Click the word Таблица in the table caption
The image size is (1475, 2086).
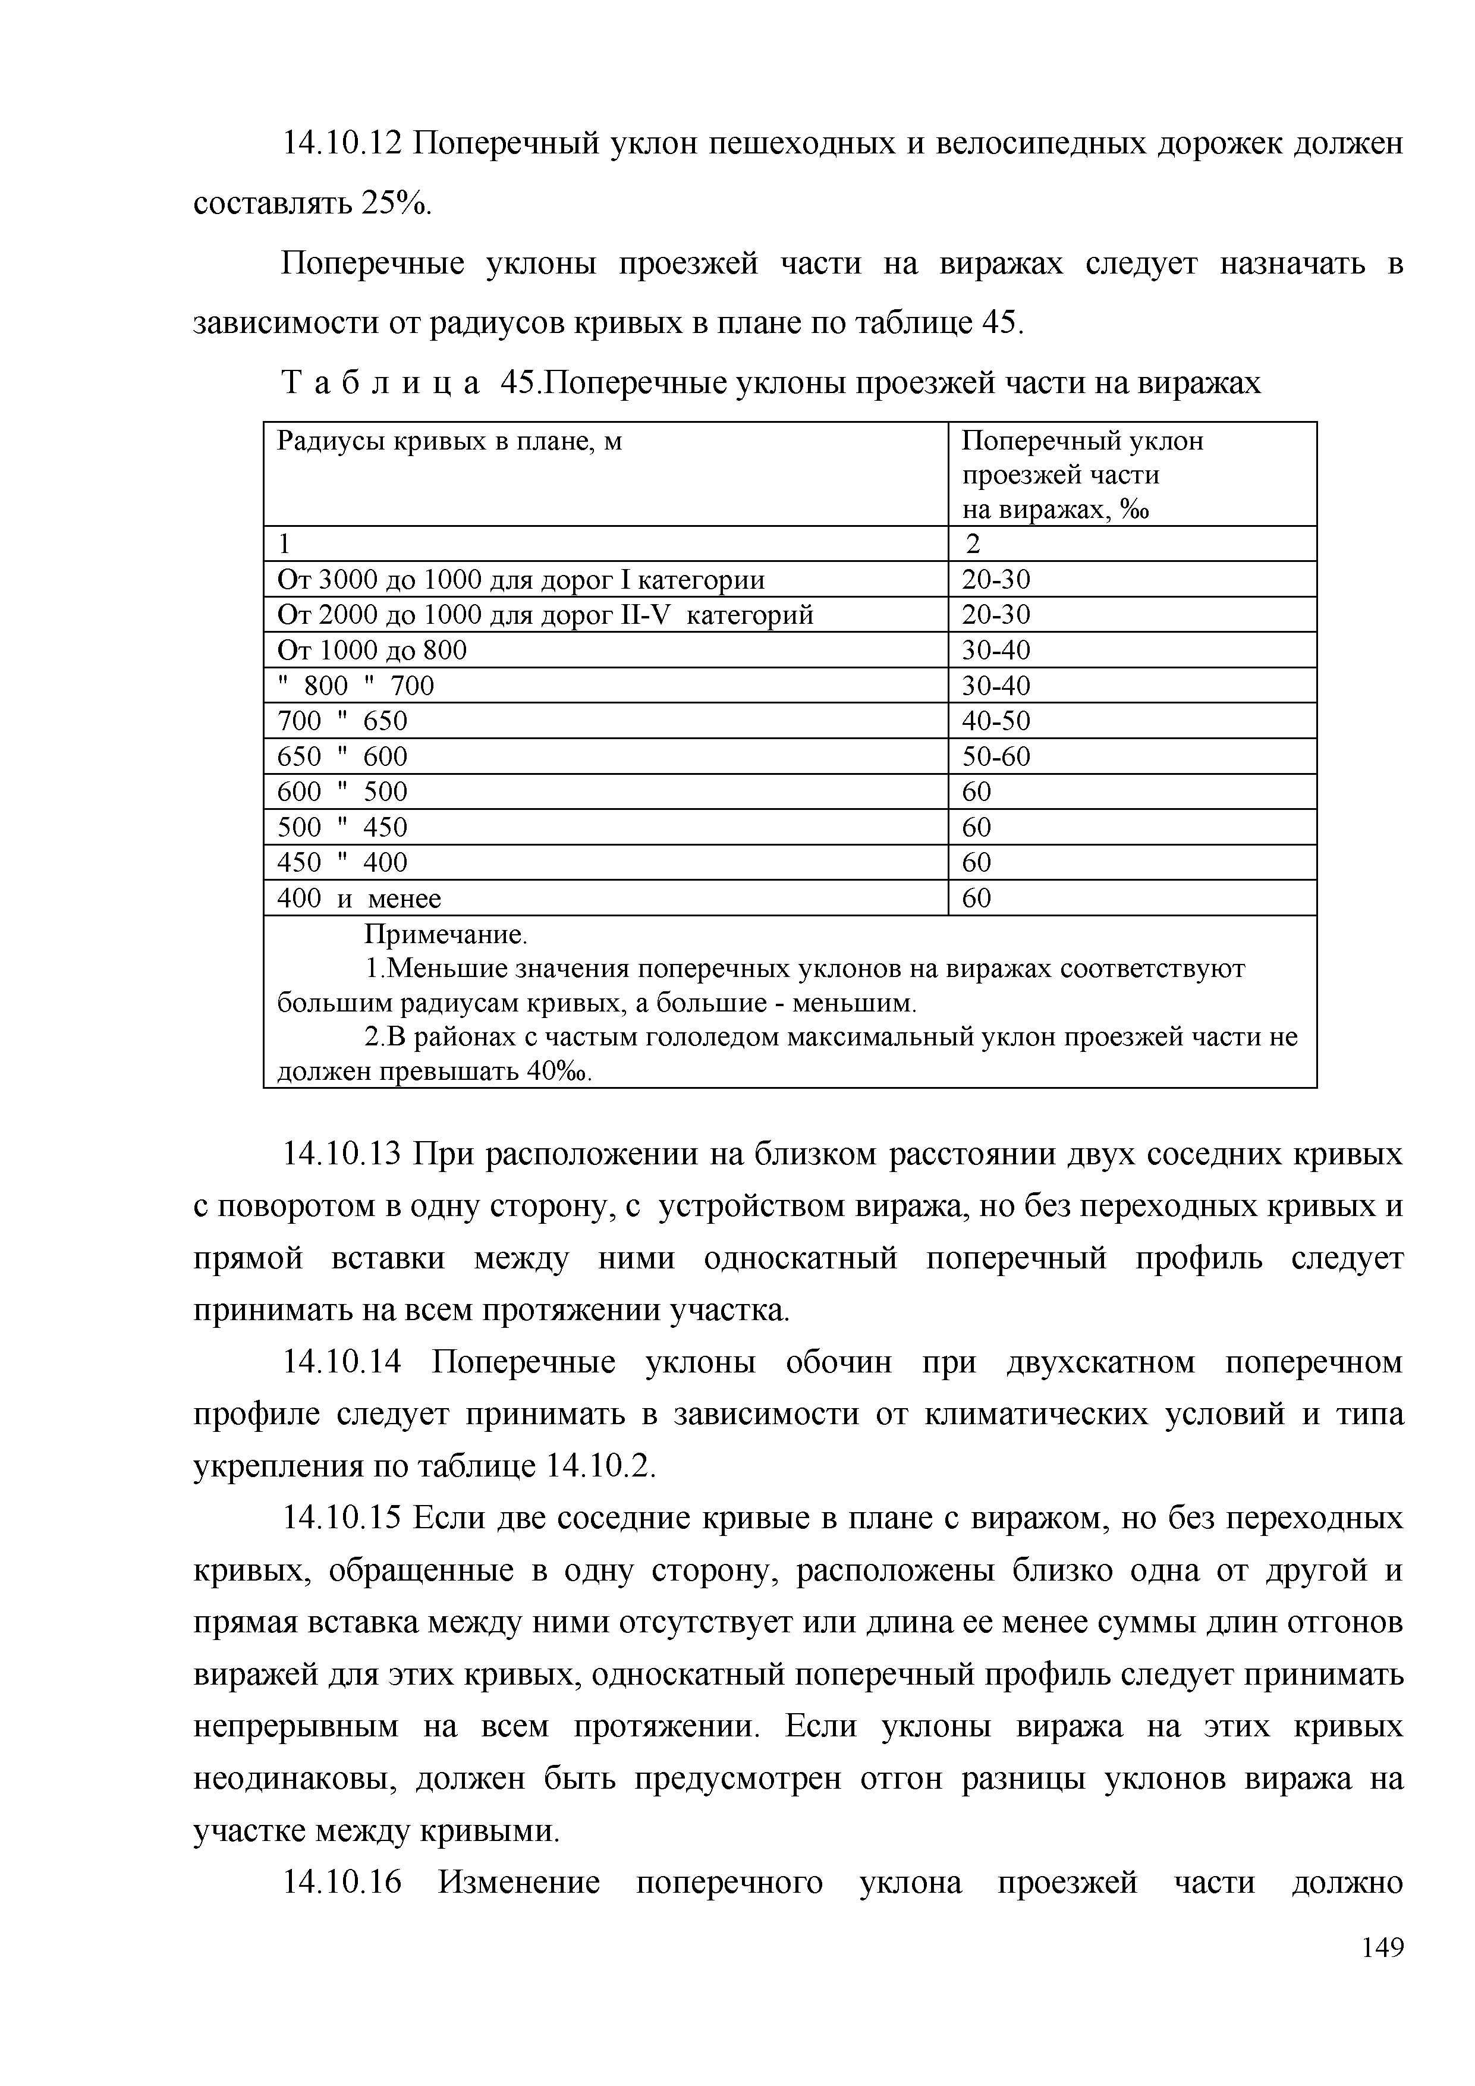tap(380, 384)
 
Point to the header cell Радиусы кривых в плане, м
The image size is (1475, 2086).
tap(449, 442)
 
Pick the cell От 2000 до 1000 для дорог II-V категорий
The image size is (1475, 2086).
tap(545, 615)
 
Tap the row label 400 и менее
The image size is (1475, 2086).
tap(358, 899)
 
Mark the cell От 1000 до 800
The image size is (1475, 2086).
tap(372, 651)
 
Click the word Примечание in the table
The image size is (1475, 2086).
tap(445, 934)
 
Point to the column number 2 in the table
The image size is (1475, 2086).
tap(973, 544)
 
